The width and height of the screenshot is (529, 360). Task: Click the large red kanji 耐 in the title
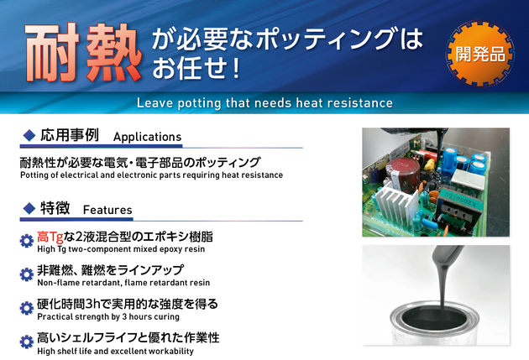pos(52,53)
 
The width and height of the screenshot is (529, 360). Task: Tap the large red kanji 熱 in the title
pos(113,53)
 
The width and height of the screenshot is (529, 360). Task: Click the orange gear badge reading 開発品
pos(480,54)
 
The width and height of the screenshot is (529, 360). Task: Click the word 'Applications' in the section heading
pos(148,137)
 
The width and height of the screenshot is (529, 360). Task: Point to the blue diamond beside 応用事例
pos(29,135)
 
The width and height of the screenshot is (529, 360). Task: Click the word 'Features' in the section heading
pos(107,210)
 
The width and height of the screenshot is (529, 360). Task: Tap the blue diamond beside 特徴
pos(29,208)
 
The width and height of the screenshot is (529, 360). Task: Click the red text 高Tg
pos(50,237)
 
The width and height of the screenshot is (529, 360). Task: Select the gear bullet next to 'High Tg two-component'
pos(27,241)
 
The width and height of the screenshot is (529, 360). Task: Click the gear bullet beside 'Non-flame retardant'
pos(27,274)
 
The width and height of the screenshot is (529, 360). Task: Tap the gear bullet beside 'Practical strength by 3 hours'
pos(27,308)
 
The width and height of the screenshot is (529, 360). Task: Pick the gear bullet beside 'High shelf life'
pos(27,342)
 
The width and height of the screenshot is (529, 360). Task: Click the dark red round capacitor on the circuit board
pos(403,172)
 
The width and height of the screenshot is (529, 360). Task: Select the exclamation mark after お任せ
pos(236,68)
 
